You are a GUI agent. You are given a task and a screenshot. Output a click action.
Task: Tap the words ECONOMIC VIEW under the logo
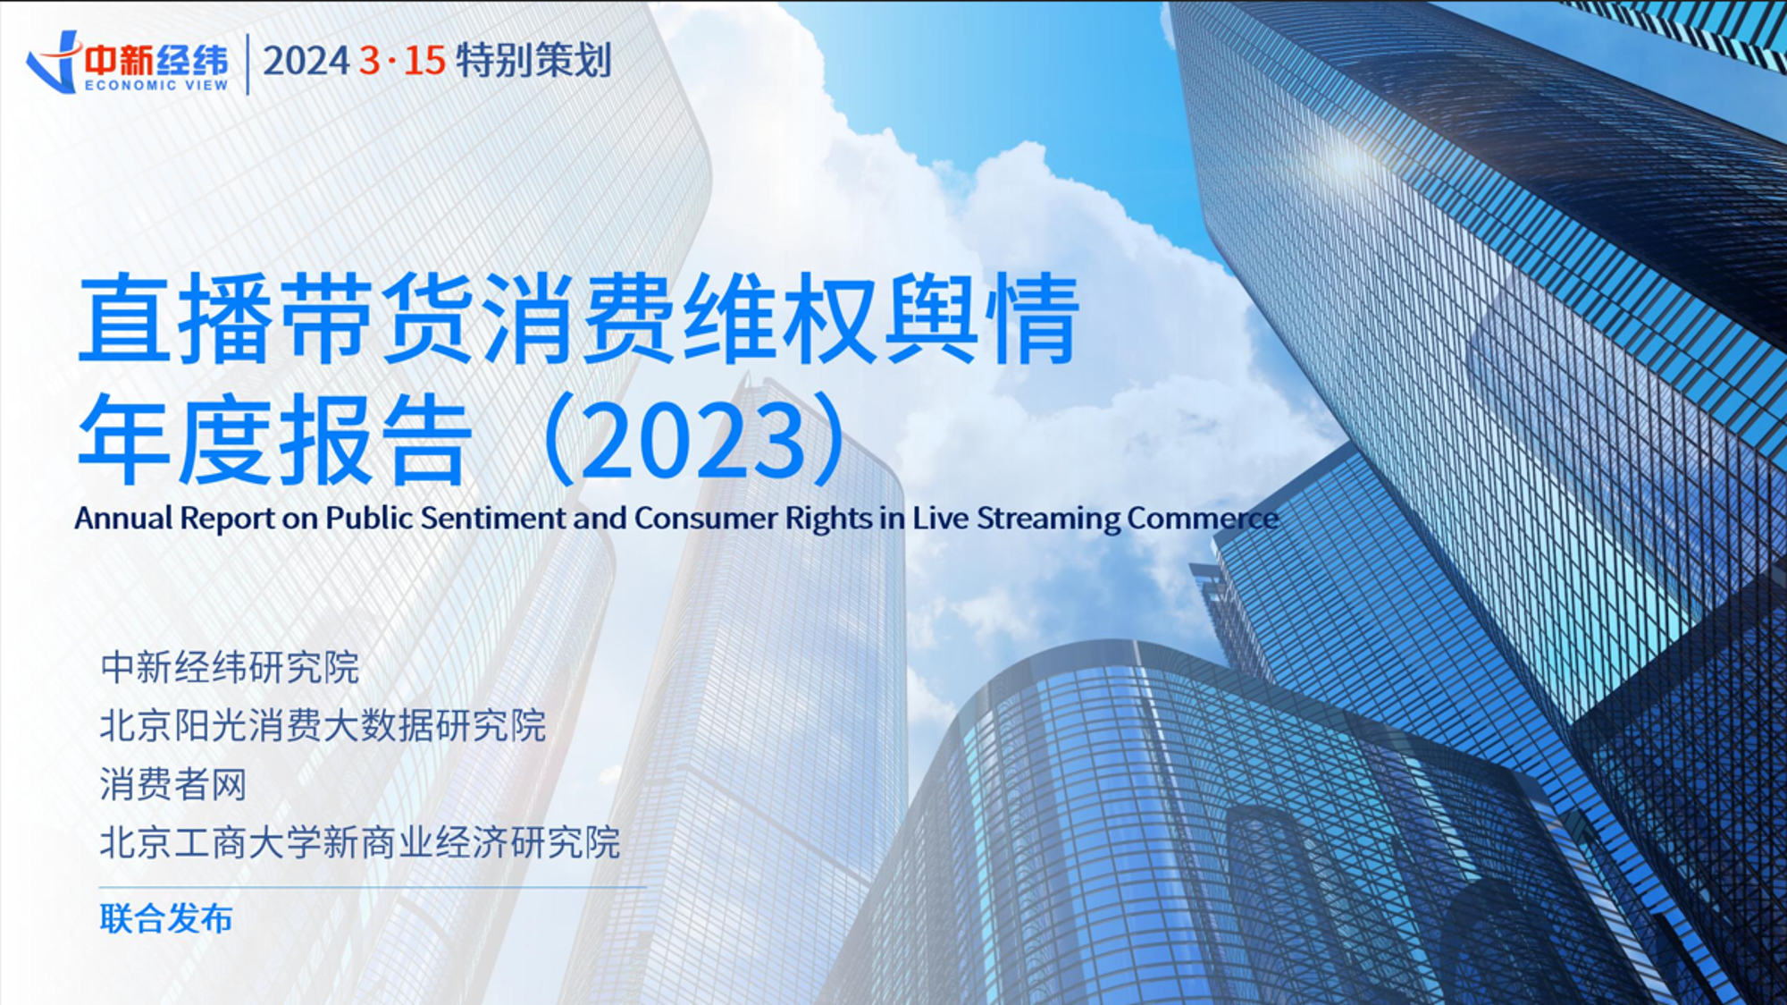156,86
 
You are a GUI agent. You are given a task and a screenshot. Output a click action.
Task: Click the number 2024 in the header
306,61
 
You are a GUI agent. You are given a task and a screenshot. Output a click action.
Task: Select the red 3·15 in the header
402,61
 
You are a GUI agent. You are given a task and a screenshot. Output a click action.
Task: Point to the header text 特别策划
533,61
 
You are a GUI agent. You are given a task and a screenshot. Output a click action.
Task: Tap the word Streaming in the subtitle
1048,519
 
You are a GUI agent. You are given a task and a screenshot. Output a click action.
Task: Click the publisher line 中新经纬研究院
230,668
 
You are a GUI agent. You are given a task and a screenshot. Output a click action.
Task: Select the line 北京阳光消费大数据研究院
323,726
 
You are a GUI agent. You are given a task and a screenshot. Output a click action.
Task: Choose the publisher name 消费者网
173,784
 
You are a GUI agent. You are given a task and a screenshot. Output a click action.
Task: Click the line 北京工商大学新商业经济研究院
360,842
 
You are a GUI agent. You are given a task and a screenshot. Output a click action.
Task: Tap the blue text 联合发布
166,918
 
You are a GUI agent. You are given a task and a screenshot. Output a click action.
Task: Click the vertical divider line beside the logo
247,63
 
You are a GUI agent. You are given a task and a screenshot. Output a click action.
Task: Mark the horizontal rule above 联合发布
372,887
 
